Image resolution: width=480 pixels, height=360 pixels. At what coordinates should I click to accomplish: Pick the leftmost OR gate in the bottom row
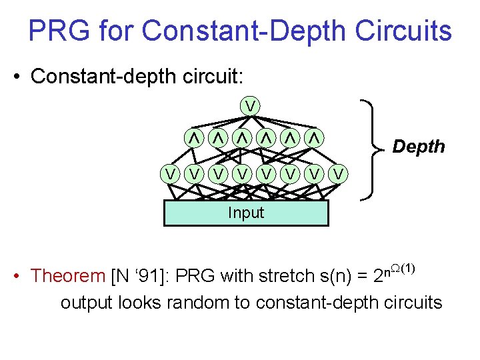172,174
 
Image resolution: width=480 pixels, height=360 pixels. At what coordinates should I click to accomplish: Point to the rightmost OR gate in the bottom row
339,174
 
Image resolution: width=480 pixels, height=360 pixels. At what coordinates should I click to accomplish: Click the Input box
246,213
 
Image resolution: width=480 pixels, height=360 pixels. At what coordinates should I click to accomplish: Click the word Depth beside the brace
419,147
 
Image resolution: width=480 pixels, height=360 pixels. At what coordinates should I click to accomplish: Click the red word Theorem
68,275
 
